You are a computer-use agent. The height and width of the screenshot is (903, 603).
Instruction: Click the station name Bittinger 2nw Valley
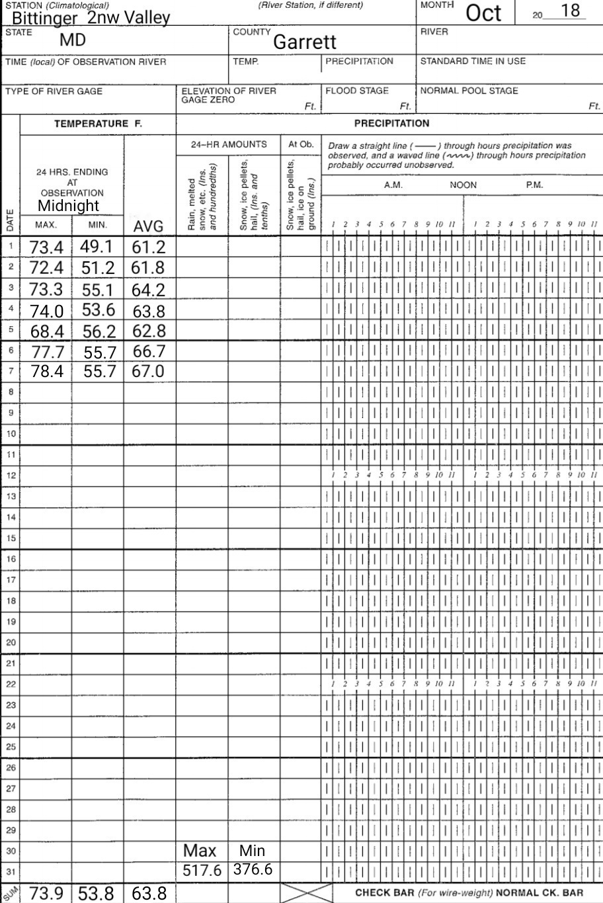point(91,18)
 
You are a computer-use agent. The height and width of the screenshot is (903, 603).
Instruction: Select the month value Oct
point(484,13)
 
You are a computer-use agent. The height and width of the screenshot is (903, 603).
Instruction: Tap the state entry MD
point(73,40)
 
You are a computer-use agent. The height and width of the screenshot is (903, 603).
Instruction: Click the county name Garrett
point(305,42)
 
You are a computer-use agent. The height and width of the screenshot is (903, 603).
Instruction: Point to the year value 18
point(569,11)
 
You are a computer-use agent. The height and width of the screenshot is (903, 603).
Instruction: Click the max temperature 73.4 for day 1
point(46,247)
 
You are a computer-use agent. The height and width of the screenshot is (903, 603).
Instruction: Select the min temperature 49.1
point(97,247)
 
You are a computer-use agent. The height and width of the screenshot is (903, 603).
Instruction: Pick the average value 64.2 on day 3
point(148,290)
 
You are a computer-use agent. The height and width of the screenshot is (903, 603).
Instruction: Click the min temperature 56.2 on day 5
point(98,331)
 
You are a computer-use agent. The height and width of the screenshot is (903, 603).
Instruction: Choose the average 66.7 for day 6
point(148,351)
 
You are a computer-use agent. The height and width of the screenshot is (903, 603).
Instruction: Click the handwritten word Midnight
point(68,206)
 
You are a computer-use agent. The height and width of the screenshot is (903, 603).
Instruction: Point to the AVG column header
point(148,227)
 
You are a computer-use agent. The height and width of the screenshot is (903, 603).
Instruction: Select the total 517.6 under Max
point(202,871)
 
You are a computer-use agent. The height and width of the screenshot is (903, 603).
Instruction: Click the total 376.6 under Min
point(253,869)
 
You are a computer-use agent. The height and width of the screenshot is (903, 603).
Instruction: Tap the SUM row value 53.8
point(97,894)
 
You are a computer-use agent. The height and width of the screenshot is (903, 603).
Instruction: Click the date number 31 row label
point(10,871)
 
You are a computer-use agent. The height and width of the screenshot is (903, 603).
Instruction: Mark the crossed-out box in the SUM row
point(306,892)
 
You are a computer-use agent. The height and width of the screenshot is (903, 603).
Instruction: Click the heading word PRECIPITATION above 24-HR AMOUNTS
point(391,123)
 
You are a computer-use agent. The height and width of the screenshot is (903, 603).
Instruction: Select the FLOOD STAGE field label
point(356,91)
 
